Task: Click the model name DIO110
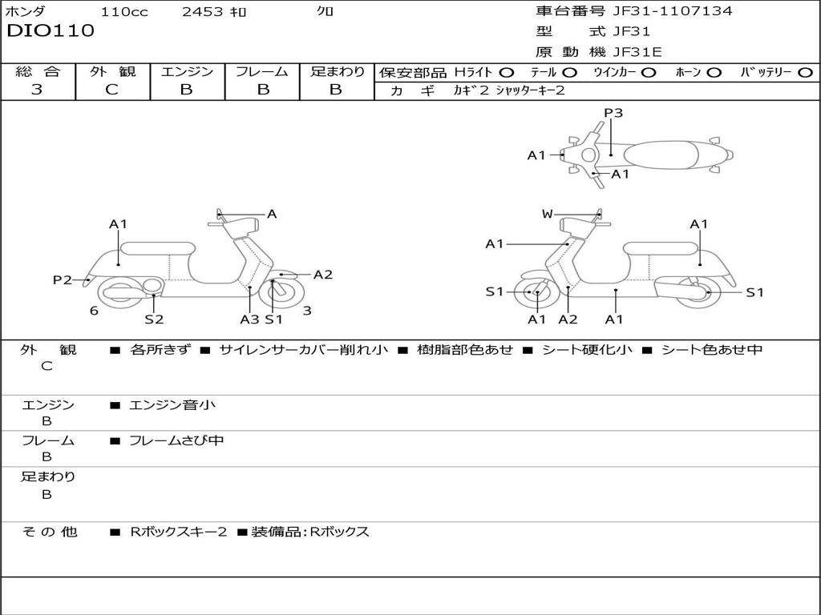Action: [x=51, y=31]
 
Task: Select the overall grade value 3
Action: [x=37, y=90]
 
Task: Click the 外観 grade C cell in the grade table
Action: [x=111, y=90]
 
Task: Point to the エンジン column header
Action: [x=187, y=71]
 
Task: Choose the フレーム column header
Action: [x=261, y=71]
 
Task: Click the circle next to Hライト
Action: [x=507, y=72]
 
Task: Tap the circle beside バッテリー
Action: [x=805, y=72]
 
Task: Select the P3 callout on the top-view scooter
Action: [x=613, y=113]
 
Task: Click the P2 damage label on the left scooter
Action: [x=62, y=279]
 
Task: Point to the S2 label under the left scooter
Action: [x=154, y=320]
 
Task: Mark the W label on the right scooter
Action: [x=547, y=214]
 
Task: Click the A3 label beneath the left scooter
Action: [x=249, y=320]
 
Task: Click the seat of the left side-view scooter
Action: [x=156, y=248]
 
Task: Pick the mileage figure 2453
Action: [x=204, y=11]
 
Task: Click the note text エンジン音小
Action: [x=172, y=405]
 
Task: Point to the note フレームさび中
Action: [x=176, y=440]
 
